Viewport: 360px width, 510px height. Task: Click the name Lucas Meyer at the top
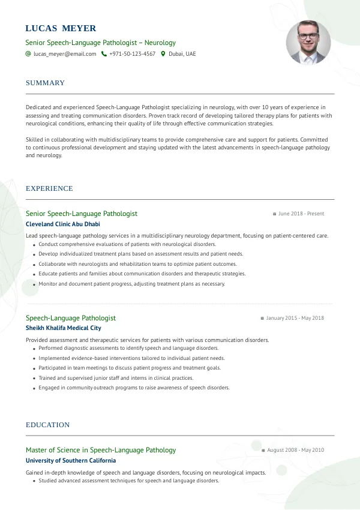click(x=61, y=28)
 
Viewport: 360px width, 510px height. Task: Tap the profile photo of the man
click(x=308, y=43)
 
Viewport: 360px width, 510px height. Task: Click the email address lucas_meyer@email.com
click(x=65, y=54)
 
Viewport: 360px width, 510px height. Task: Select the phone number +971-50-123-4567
click(x=132, y=54)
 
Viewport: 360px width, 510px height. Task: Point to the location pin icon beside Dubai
click(x=163, y=54)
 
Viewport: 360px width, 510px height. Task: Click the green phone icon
click(x=104, y=54)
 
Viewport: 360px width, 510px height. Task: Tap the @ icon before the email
click(x=28, y=54)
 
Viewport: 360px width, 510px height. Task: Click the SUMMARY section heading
click(x=45, y=83)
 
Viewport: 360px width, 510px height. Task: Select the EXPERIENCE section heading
click(x=49, y=188)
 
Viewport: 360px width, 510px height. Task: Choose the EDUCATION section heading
click(x=47, y=425)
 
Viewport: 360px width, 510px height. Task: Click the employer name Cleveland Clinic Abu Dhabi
click(x=63, y=224)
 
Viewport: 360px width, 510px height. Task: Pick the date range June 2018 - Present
click(x=301, y=214)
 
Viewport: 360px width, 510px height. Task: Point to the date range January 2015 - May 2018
click(x=295, y=318)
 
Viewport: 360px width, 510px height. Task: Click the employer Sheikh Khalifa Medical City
click(x=64, y=328)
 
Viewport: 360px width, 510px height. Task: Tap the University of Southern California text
click(x=71, y=461)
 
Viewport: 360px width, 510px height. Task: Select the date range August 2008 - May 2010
click(x=295, y=450)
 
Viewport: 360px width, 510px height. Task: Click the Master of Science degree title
click(x=101, y=450)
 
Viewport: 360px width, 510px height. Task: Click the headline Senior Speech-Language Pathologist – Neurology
click(x=101, y=43)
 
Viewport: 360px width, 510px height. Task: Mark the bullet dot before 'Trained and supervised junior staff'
click(x=34, y=379)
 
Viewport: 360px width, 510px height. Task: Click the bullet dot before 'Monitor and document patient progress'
click(x=34, y=284)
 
